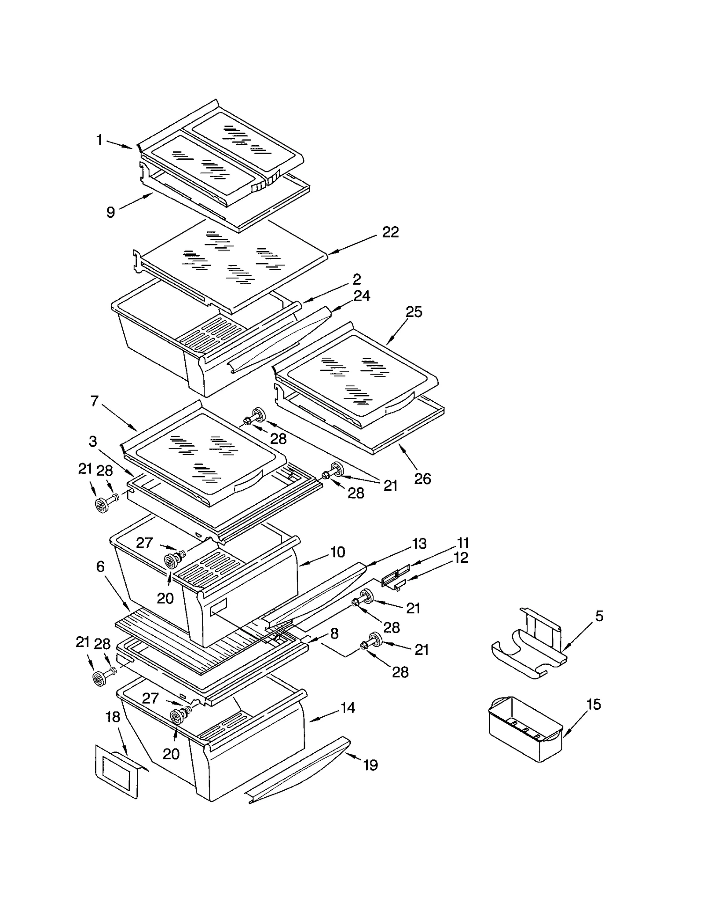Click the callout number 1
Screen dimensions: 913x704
(99, 140)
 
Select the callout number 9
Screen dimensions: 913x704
(111, 213)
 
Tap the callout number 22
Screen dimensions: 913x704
(390, 232)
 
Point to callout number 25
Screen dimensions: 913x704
(413, 312)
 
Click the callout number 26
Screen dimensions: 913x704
(422, 479)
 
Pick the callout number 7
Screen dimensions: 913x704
(95, 401)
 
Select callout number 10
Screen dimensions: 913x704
(337, 552)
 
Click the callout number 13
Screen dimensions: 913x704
(419, 544)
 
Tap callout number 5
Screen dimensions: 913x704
(599, 616)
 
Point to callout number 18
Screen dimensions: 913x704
(113, 717)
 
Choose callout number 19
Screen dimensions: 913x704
(370, 765)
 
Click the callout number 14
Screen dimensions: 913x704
(348, 708)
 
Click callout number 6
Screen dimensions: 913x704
(100, 567)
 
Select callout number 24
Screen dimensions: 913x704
(362, 296)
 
